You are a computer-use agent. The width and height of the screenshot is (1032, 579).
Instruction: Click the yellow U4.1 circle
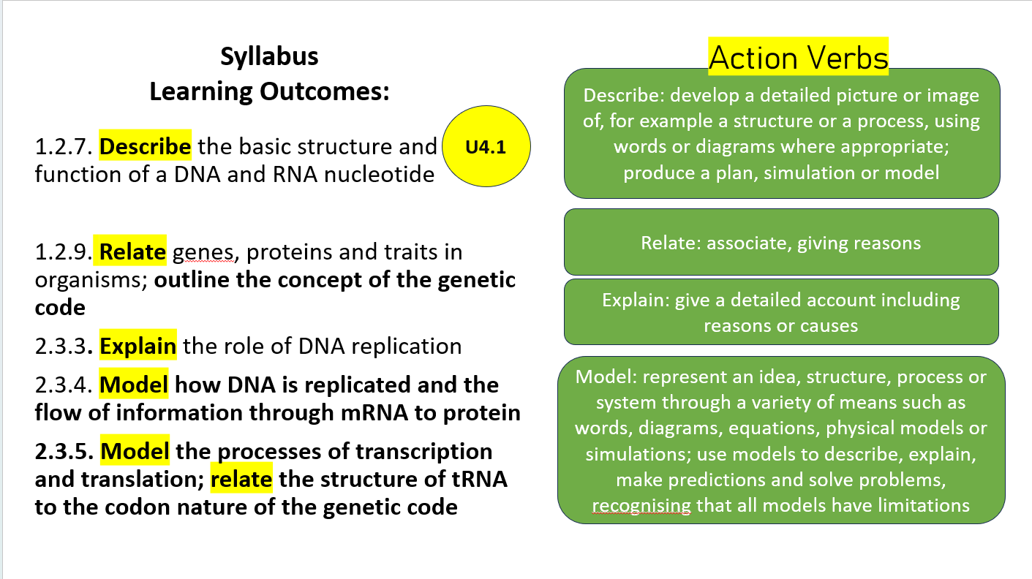(x=486, y=147)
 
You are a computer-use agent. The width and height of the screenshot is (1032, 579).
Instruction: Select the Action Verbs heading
(x=798, y=58)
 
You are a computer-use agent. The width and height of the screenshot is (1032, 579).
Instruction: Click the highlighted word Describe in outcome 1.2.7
(x=146, y=147)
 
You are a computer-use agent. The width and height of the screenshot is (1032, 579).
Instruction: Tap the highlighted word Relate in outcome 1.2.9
(x=132, y=252)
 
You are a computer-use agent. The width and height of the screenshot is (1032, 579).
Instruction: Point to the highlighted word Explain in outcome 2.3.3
(x=138, y=346)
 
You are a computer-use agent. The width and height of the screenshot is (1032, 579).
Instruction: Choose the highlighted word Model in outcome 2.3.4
(x=134, y=385)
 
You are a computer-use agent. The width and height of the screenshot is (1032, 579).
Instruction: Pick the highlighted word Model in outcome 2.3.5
(x=135, y=451)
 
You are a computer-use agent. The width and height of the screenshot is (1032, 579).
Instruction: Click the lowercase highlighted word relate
(x=242, y=480)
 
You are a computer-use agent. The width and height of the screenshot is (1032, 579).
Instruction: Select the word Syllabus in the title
(x=269, y=57)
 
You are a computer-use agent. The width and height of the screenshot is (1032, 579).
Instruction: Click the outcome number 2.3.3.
(x=64, y=347)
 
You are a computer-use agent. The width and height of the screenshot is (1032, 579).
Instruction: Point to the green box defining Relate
(x=780, y=243)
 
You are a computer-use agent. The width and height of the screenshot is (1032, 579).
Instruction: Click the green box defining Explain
(x=780, y=312)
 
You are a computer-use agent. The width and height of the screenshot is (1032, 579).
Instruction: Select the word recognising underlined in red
(x=641, y=505)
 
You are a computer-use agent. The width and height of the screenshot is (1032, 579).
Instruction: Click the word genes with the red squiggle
(x=203, y=253)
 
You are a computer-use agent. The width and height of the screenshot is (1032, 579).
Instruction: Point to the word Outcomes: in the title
(x=323, y=92)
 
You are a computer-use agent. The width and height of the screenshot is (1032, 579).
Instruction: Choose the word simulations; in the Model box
(x=638, y=454)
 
